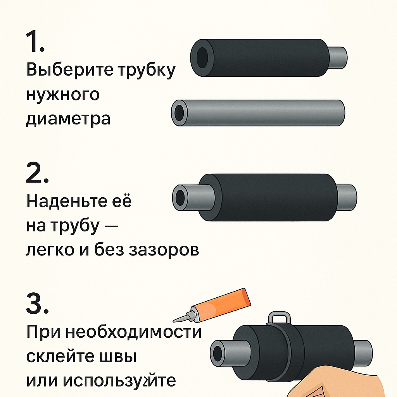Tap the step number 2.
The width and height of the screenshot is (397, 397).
pos(37,173)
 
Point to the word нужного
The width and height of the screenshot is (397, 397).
pos(63,94)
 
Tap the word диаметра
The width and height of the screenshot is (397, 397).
pos(68,119)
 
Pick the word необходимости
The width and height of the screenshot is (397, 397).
pos(133,332)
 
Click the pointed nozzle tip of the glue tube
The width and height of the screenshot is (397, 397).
pos(173,321)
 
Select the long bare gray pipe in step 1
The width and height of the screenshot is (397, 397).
pos(258,113)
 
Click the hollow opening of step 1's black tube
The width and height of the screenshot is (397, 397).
pos(202,57)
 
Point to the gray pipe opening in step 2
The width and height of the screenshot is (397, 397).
pos(180,197)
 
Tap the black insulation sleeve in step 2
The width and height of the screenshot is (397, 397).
pos(268,197)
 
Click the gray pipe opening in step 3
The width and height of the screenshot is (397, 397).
pos(218,353)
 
